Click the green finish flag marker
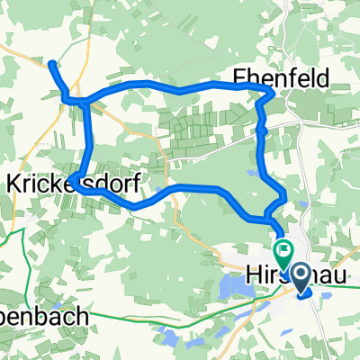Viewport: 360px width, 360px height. pos(284,250)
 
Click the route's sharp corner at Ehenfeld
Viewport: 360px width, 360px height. pos(271,94)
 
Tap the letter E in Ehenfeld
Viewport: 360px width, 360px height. pos(239,78)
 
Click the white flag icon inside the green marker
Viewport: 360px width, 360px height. pos(285,248)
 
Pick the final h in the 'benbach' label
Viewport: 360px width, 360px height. pos(83,317)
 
